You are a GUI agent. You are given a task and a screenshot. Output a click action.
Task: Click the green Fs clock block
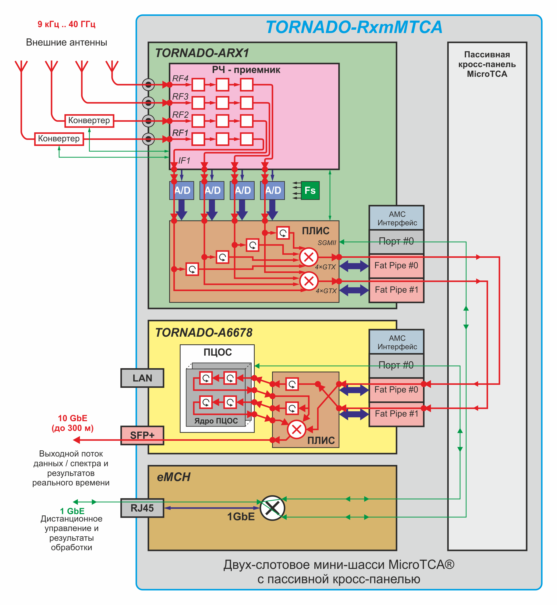point(310,190)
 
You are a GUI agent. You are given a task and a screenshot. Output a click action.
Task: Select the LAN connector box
point(142,378)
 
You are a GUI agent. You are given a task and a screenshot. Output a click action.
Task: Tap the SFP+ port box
point(142,435)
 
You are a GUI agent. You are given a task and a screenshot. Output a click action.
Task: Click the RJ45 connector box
point(142,508)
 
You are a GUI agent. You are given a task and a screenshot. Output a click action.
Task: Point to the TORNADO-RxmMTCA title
point(354,27)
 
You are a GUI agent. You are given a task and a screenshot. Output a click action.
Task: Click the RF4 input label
point(180,79)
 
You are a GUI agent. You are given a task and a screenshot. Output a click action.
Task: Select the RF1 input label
point(180,133)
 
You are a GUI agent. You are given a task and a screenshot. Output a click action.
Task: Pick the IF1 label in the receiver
point(184,161)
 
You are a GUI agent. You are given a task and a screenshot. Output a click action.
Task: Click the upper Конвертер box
point(89,120)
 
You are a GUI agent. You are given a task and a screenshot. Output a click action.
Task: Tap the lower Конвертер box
point(59,139)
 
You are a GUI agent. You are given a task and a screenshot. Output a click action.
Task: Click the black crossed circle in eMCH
point(272,508)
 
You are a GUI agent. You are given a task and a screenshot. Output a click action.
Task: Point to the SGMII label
point(327,243)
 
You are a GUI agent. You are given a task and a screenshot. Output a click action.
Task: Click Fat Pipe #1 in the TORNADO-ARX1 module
point(396,290)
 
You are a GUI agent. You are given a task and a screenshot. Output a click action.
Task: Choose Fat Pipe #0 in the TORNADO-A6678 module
point(396,390)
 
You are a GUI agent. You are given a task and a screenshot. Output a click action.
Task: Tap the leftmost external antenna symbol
point(21,66)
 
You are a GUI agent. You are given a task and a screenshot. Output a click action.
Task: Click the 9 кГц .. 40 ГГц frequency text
point(66,24)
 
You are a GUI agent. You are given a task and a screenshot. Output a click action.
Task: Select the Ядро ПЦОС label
point(216,421)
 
